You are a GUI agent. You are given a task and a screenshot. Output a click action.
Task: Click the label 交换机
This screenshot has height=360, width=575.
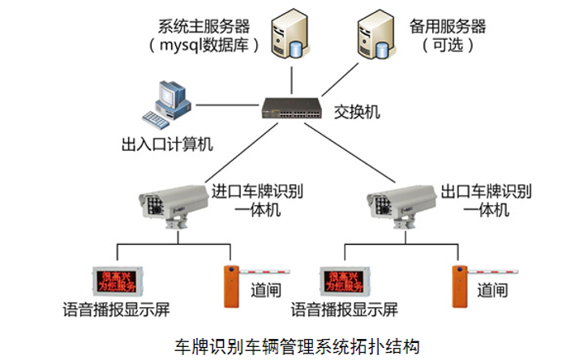[x=358, y=109]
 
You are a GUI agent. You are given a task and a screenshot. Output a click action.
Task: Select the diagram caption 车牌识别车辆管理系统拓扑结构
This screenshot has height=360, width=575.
[x=298, y=345]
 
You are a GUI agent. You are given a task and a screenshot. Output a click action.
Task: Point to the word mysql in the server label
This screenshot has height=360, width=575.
[x=186, y=45]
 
